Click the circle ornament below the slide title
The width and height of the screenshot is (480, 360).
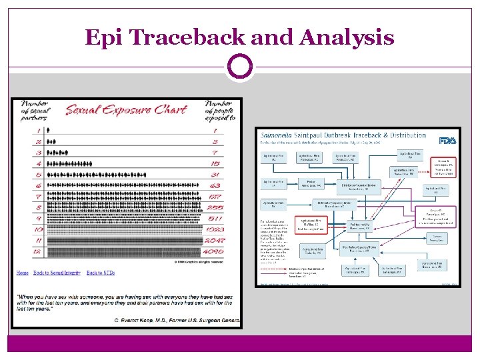tap(240, 67)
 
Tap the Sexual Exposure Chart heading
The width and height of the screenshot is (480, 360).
tap(126, 109)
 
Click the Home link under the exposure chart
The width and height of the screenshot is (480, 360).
tap(23, 273)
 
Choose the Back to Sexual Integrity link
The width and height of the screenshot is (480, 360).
tap(58, 273)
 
